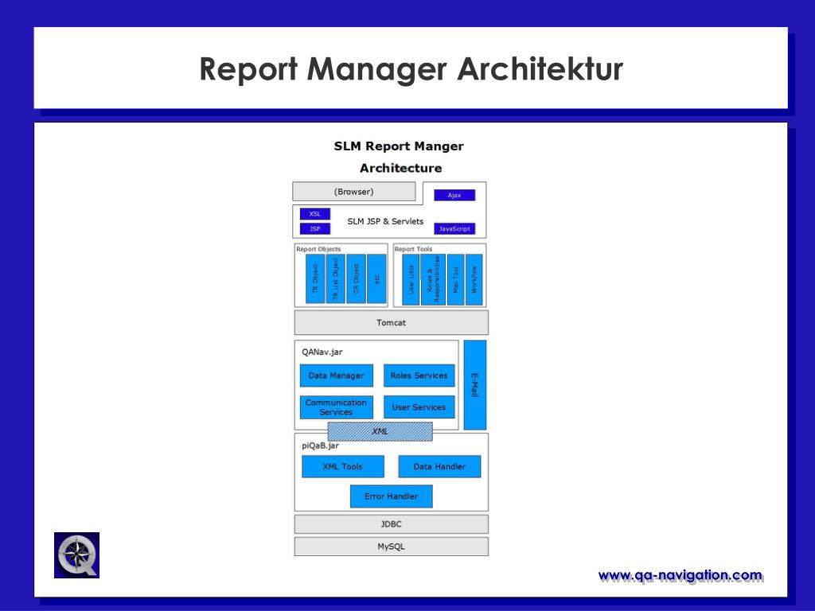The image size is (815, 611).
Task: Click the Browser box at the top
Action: click(354, 191)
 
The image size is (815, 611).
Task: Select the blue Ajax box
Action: click(454, 196)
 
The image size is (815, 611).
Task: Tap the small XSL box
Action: click(315, 213)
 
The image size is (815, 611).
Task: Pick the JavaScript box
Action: click(454, 228)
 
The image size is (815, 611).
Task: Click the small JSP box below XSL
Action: click(315, 228)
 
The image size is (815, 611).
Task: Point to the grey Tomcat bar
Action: click(392, 323)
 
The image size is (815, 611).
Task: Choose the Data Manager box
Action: click(337, 376)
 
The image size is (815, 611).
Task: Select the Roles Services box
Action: click(419, 376)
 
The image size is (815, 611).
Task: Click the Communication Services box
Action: click(337, 407)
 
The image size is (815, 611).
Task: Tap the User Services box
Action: click(419, 407)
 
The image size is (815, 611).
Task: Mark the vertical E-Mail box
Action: click(475, 385)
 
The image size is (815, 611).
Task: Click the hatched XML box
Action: click(380, 432)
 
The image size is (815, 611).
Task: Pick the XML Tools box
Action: click(343, 466)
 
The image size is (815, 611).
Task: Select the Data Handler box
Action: click(439, 466)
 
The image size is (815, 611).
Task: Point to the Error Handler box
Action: click(392, 496)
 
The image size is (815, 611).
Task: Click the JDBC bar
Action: click(392, 524)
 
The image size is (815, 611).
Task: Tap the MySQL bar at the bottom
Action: click(392, 547)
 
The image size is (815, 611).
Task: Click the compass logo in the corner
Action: click(77, 555)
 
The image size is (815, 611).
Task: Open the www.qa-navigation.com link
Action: click(680, 576)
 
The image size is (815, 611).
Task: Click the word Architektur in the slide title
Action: click(540, 68)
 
